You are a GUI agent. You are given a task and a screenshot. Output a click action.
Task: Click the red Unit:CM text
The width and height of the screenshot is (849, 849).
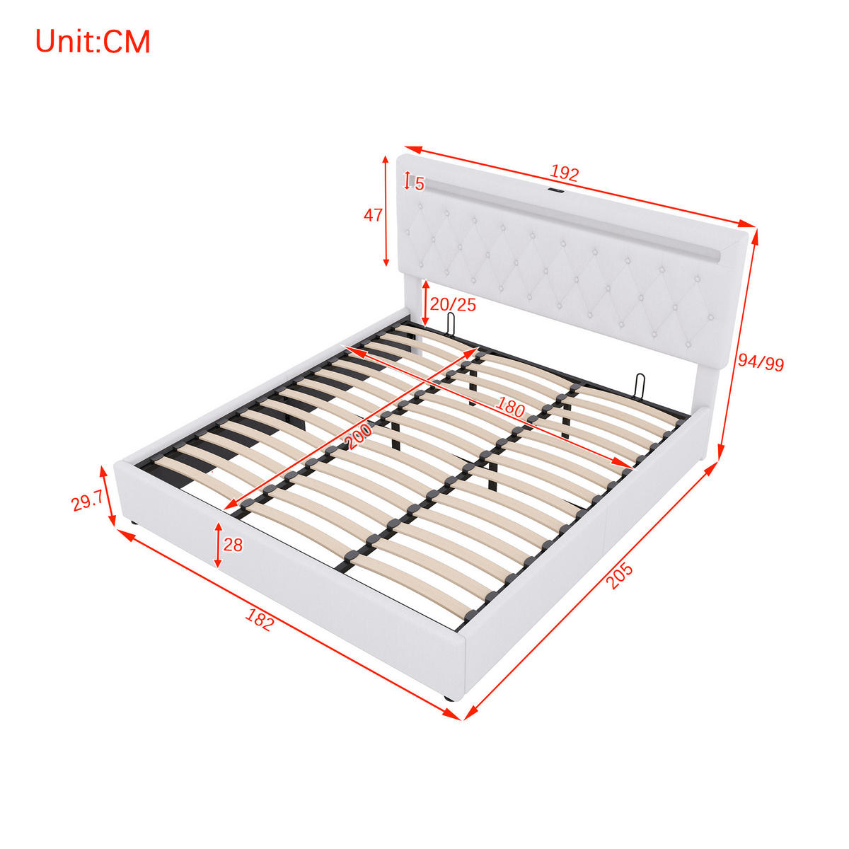[x=93, y=42]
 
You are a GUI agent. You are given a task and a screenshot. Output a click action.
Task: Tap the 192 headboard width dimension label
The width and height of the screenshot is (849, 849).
[x=564, y=173]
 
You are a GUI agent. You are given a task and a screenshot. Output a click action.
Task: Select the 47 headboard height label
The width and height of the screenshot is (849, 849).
[x=373, y=215]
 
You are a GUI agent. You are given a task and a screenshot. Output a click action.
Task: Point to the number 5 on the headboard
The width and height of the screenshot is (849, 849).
[x=420, y=184]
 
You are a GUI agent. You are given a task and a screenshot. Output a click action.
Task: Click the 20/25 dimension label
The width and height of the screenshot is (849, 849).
[x=453, y=304]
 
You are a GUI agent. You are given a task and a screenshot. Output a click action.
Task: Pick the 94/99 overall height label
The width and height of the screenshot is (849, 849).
[x=761, y=363]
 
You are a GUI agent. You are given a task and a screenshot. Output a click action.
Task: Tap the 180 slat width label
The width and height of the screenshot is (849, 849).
[x=511, y=407]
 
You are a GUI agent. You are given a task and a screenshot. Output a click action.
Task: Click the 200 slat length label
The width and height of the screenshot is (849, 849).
[x=359, y=435]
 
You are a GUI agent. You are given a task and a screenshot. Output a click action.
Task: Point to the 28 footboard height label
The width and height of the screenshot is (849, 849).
[x=233, y=545]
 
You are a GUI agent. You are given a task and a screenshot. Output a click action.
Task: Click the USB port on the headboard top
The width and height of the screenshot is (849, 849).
[x=554, y=191]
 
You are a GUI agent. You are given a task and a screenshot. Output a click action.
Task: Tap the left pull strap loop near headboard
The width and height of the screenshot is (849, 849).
[x=451, y=324]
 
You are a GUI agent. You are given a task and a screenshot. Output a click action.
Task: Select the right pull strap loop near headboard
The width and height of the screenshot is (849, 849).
[x=640, y=385]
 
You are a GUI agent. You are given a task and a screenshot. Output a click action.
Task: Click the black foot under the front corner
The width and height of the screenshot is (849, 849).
[x=448, y=698]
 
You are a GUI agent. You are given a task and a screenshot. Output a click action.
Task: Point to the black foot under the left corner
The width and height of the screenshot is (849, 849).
[x=132, y=524]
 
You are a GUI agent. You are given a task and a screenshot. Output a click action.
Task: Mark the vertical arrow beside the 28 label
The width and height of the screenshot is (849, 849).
[x=218, y=545]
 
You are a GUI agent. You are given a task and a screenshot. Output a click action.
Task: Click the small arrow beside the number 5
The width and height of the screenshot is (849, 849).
[x=408, y=180]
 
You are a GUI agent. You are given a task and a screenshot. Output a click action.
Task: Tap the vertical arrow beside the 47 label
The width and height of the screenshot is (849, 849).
[x=386, y=211]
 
